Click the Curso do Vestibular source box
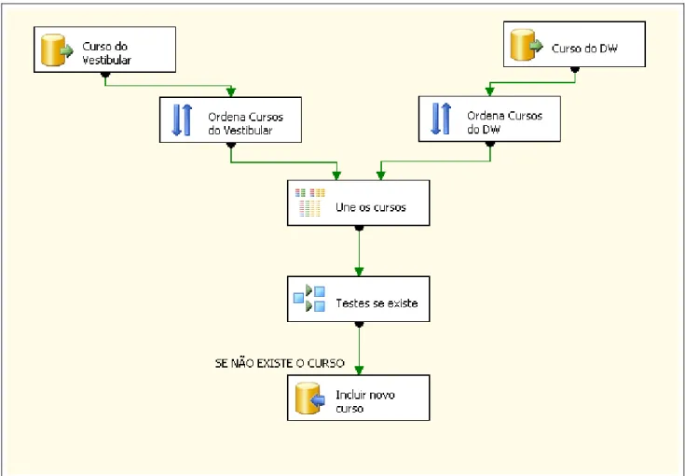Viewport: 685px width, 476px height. click(104, 49)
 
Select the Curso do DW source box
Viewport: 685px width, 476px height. click(574, 44)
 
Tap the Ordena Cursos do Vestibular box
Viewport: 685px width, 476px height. click(231, 119)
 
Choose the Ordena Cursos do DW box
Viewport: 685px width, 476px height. click(489, 119)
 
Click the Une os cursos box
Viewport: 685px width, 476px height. click(359, 203)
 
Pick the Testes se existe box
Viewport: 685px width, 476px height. click(359, 299)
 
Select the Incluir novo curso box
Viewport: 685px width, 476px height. click(359, 398)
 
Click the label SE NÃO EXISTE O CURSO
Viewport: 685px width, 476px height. click(280, 363)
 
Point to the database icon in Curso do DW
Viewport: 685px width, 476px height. click(527, 45)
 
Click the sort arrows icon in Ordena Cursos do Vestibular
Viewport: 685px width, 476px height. click(182, 119)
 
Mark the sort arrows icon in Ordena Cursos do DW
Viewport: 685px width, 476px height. click(441, 119)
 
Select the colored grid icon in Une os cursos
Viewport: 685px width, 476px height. click(310, 203)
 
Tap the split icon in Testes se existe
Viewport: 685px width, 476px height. click(309, 299)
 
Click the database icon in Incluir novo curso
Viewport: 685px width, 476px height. click(310, 399)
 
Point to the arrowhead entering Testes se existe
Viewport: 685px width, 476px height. click(359, 272)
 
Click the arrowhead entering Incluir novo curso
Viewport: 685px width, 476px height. click(359, 371)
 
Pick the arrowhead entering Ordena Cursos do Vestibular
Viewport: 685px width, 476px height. click(231, 91)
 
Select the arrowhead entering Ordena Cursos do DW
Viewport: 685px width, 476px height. click(489, 91)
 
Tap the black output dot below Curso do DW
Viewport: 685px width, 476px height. click(575, 70)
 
